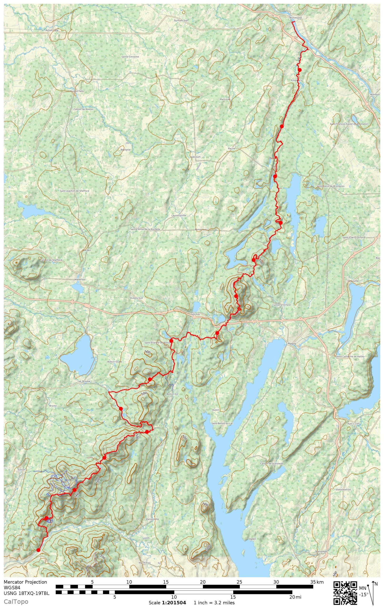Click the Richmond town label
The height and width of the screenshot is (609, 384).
295,18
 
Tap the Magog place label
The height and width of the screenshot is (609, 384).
292,344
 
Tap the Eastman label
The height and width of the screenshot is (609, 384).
196,314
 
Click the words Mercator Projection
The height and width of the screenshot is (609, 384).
25,582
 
